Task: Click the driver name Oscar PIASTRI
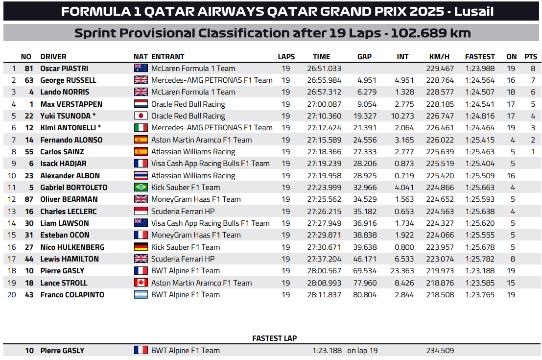coord(64,69)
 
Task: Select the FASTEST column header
coord(480,56)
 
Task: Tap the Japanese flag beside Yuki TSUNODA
coord(141,116)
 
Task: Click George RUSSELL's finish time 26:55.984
coord(324,80)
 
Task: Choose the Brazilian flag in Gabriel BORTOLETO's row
coord(141,188)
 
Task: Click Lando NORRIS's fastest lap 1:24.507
coord(480,92)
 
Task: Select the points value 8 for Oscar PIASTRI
coord(533,69)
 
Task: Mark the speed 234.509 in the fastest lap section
coord(440,351)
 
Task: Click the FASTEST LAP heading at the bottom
coord(274,338)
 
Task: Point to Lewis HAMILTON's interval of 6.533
coord(404,259)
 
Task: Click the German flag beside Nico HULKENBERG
coord(141,247)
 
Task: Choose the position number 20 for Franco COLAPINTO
coord(13,295)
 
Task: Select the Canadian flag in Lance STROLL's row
coord(141,283)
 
